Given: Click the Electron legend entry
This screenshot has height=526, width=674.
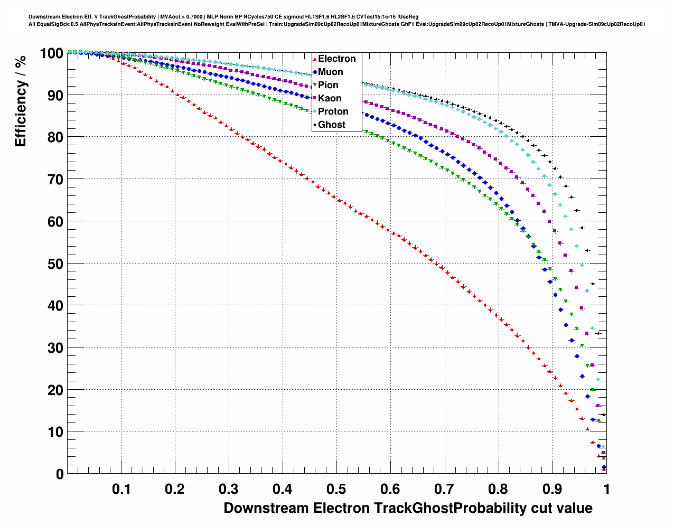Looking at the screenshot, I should point(336,59).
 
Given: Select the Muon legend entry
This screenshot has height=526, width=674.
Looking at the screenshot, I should point(330,72).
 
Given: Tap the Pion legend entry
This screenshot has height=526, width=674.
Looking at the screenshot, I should point(328,85).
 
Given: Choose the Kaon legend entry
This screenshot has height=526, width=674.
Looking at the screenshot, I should point(330,98).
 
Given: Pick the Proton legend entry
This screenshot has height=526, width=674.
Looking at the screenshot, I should point(333,111).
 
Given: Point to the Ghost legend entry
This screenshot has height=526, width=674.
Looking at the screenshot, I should point(331,125).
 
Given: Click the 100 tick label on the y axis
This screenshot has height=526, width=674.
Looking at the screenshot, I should point(51,53).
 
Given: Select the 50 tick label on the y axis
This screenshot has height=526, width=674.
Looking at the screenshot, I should point(55,264).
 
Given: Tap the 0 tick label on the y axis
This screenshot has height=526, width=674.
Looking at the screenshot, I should point(59,474).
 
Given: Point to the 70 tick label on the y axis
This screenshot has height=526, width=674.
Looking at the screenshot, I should point(55,180).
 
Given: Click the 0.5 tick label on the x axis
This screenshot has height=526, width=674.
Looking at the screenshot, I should point(337,489).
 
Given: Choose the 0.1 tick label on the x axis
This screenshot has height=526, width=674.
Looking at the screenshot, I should point(121,489).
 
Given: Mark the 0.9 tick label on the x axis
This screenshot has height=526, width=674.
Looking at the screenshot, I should point(553,489).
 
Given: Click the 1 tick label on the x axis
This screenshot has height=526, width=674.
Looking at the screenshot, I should point(606,489).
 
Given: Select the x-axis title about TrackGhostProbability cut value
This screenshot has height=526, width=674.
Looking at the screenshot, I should point(408,508).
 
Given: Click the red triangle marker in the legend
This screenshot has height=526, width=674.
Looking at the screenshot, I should point(315,59).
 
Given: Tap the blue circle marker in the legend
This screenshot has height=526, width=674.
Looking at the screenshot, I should point(315,72).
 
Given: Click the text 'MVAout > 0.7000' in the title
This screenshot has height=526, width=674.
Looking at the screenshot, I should point(181,17).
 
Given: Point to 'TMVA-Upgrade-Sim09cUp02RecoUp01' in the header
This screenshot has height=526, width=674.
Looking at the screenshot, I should point(596,24).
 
